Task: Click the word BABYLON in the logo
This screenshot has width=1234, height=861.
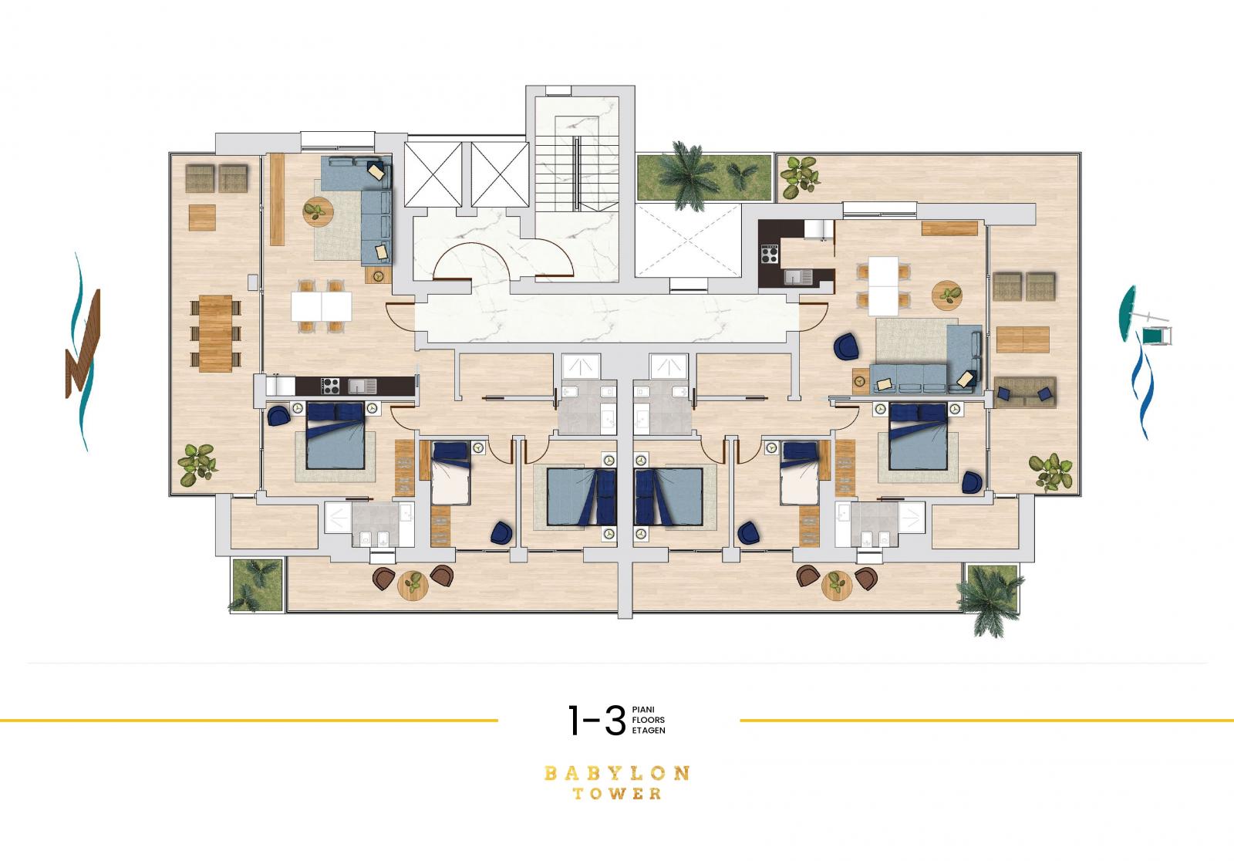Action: (x=616, y=773)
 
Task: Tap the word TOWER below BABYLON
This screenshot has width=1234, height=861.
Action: (x=617, y=794)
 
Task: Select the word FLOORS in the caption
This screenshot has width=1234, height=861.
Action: (x=649, y=720)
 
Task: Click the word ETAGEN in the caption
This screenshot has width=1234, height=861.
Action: (x=649, y=731)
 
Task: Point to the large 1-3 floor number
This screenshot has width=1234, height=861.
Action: (x=597, y=720)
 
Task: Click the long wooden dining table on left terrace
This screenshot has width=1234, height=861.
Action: (x=215, y=333)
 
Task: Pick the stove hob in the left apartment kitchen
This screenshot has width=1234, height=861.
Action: (x=331, y=386)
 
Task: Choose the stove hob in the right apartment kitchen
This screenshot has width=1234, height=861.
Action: (x=770, y=255)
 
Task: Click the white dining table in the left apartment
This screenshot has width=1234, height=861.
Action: (x=321, y=306)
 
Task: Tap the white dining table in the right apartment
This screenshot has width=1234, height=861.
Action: (x=883, y=285)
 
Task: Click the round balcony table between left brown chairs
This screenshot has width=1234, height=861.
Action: (x=413, y=585)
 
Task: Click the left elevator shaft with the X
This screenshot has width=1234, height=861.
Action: (x=433, y=174)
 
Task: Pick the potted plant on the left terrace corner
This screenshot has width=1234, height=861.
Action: (x=197, y=464)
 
